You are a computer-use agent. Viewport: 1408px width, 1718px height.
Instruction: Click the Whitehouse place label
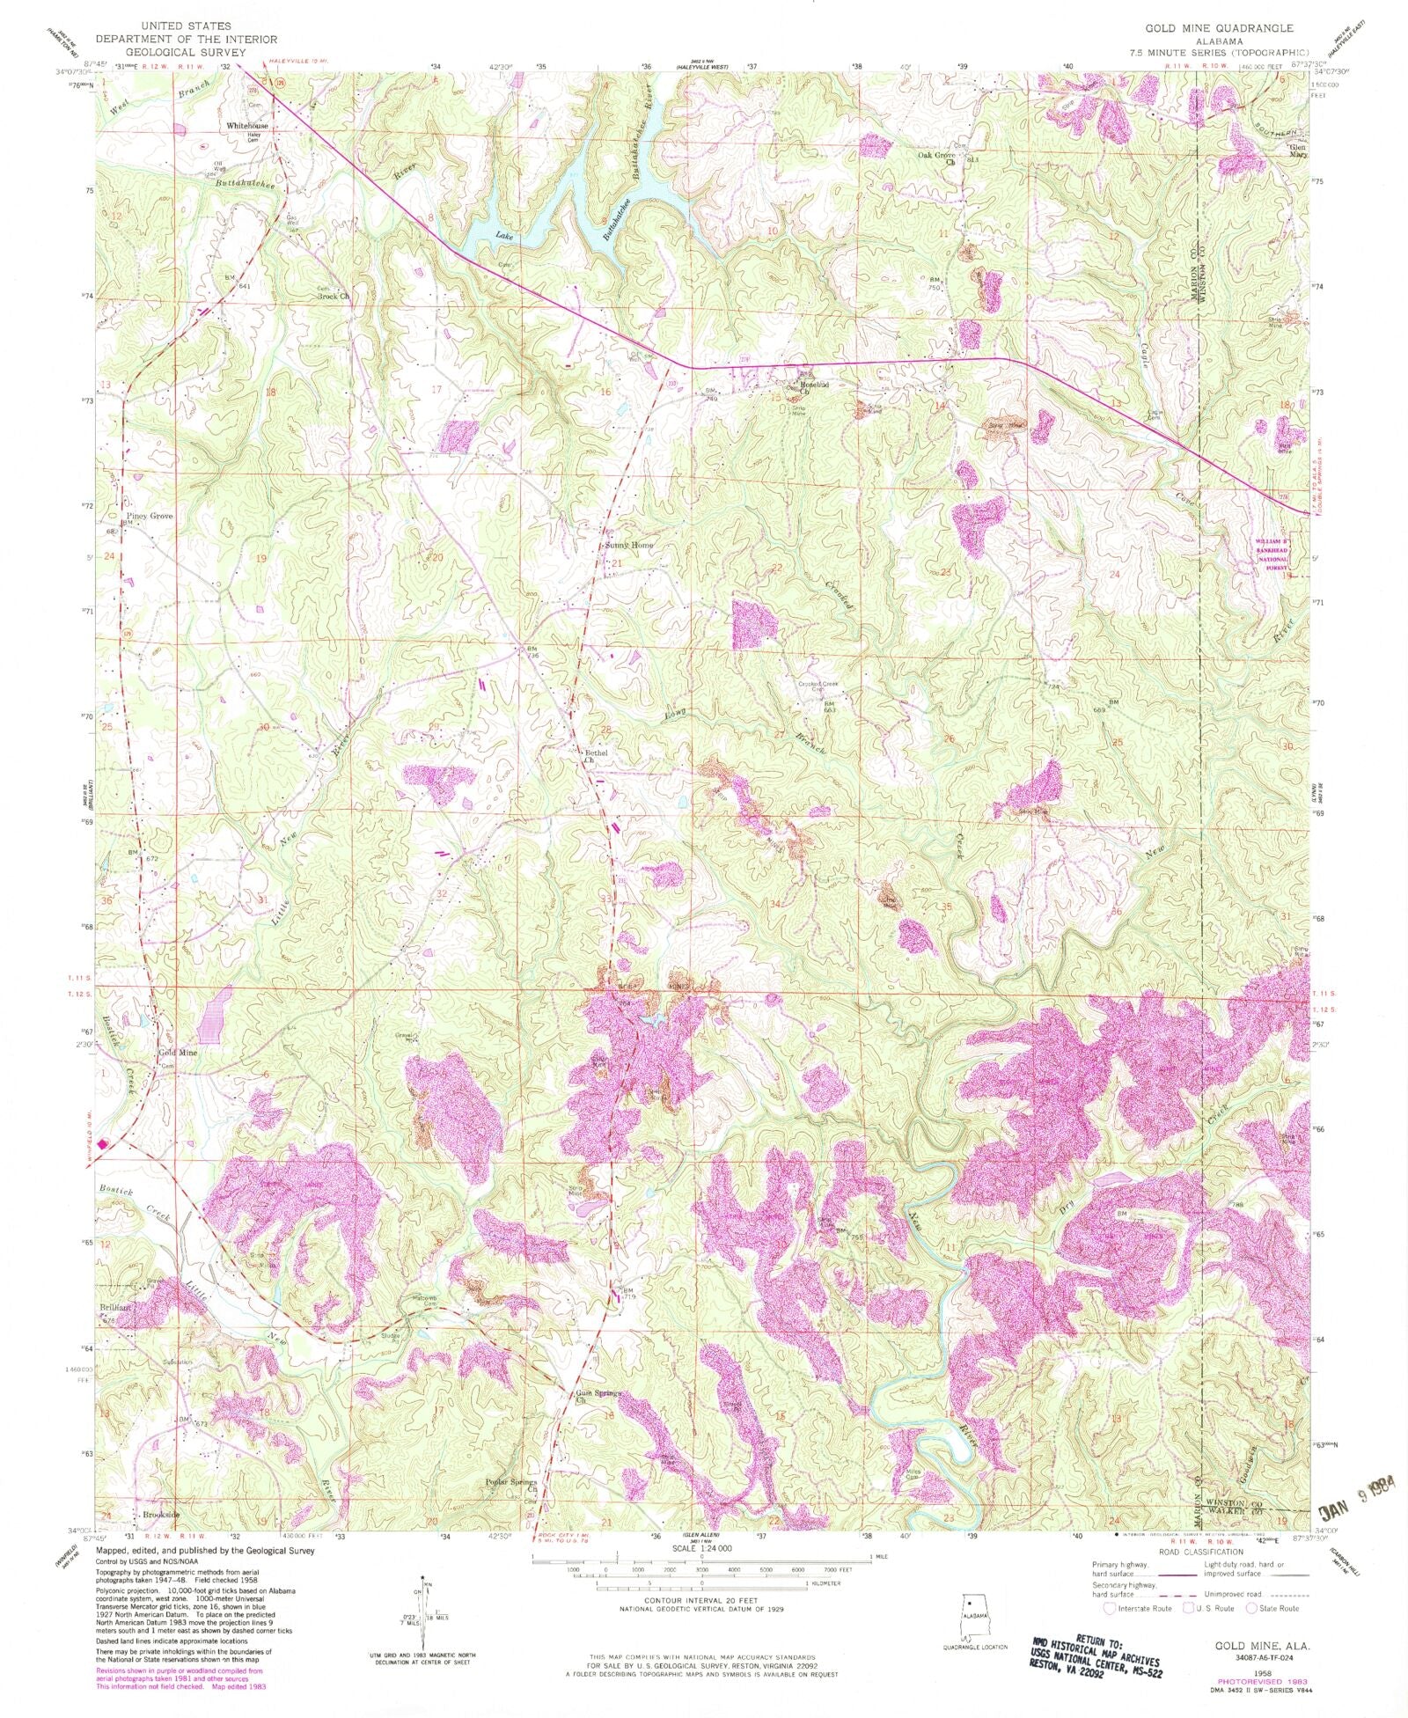(x=246, y=126)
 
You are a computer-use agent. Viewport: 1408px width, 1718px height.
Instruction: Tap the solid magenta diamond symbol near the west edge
(x=102, y=1144)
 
